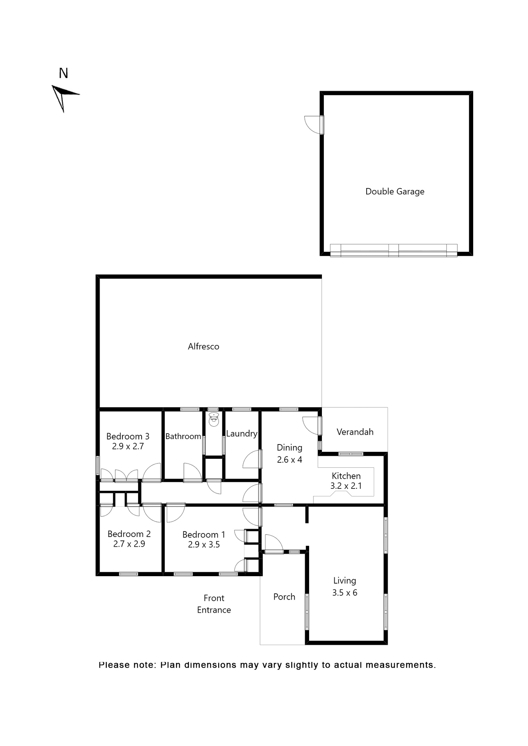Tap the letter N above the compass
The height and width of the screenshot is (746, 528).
[63, 73]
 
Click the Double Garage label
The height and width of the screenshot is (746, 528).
[395, 192]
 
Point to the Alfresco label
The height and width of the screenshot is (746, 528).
[203, 347]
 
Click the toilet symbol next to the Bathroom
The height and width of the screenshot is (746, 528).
[214, 420]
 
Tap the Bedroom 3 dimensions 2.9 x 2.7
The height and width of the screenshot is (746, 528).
[128, 446]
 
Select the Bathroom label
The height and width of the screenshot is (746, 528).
[183, 436]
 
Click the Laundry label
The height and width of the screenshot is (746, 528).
[241, 434]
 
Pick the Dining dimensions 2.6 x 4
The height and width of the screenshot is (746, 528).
[289, 460]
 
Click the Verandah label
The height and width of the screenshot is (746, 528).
[355, 432]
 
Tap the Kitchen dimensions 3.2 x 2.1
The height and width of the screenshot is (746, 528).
[346, 486]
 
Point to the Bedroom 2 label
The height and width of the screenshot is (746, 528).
[129, 534]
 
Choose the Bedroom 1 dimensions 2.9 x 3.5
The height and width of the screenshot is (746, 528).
[204, 545]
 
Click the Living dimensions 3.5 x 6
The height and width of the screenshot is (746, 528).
[344, 593]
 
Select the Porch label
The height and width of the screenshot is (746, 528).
[284, 597]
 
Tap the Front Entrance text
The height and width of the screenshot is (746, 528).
[214, 604]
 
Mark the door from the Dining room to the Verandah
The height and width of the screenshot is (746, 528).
[311, 426]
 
